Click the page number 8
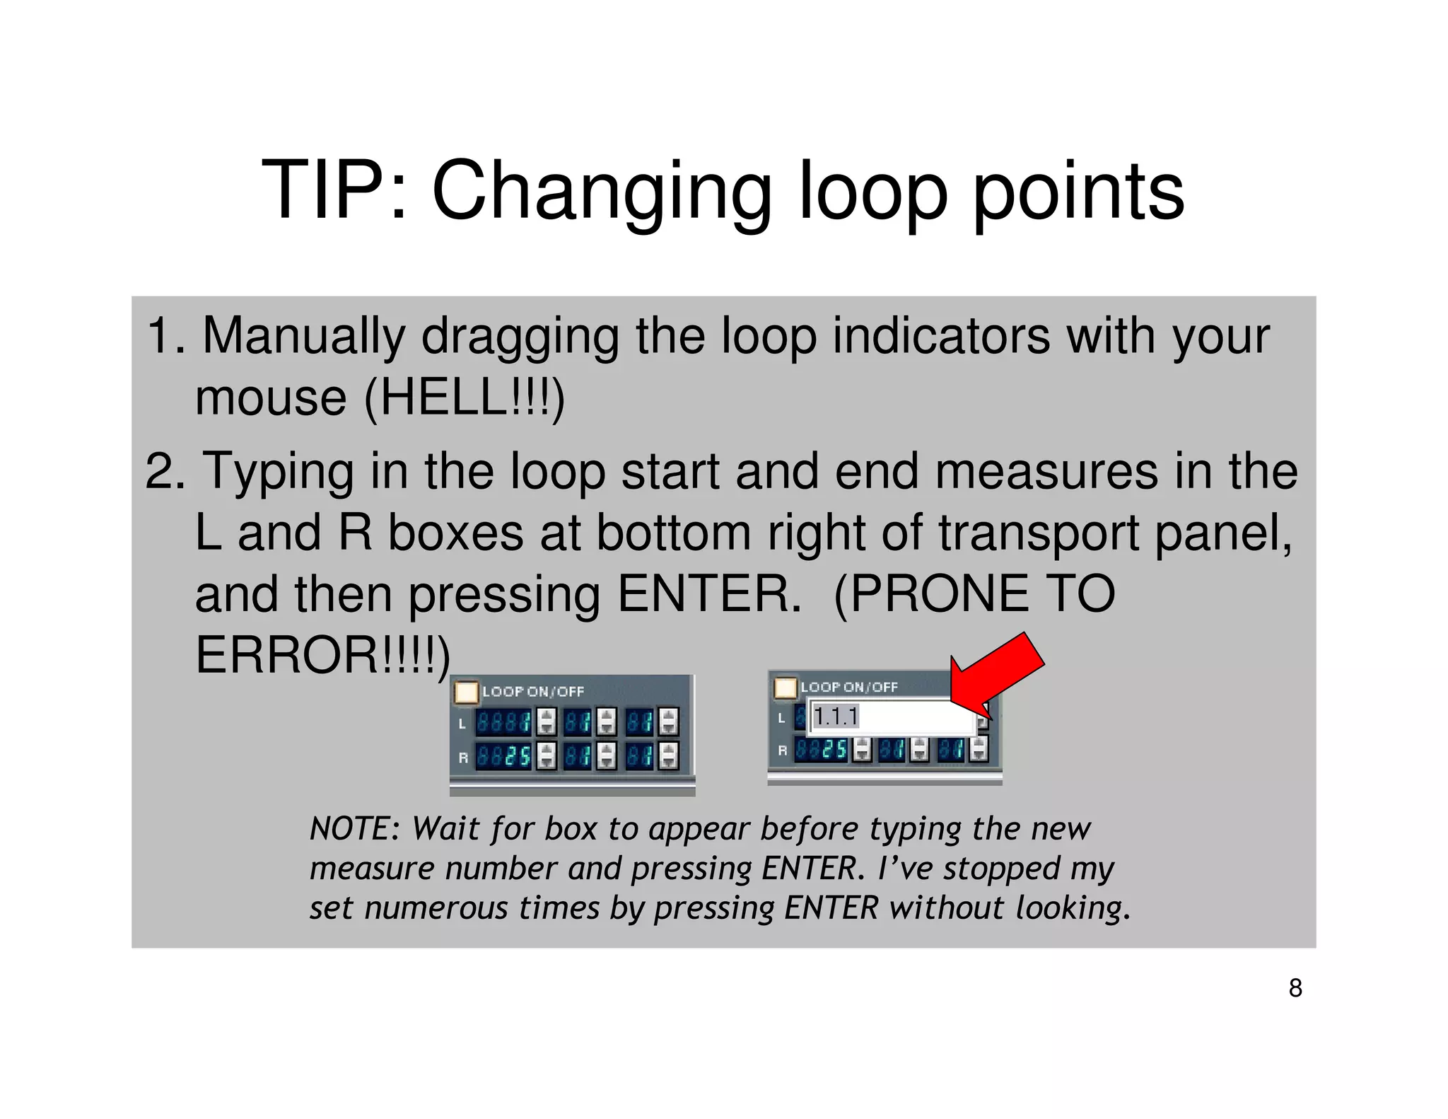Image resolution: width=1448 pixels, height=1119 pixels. coord(1295,988)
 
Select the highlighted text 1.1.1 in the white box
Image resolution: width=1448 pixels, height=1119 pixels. coord(836,717)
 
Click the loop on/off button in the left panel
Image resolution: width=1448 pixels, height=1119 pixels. coord(466,692)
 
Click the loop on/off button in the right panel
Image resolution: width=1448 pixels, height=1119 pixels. coord(786,688)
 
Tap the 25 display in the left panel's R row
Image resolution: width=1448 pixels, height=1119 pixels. coord(503,756)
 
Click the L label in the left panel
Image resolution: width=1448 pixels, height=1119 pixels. coord(462,724)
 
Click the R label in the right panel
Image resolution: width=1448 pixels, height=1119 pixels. coord(782,750)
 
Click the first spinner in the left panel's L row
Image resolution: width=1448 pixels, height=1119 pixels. coord(547,722)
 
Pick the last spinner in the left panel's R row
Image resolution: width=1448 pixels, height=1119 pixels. coord(669,755)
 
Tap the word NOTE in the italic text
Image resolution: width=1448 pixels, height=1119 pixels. coord(350,828)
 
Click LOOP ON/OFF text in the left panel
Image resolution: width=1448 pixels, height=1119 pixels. coord(533,692)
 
